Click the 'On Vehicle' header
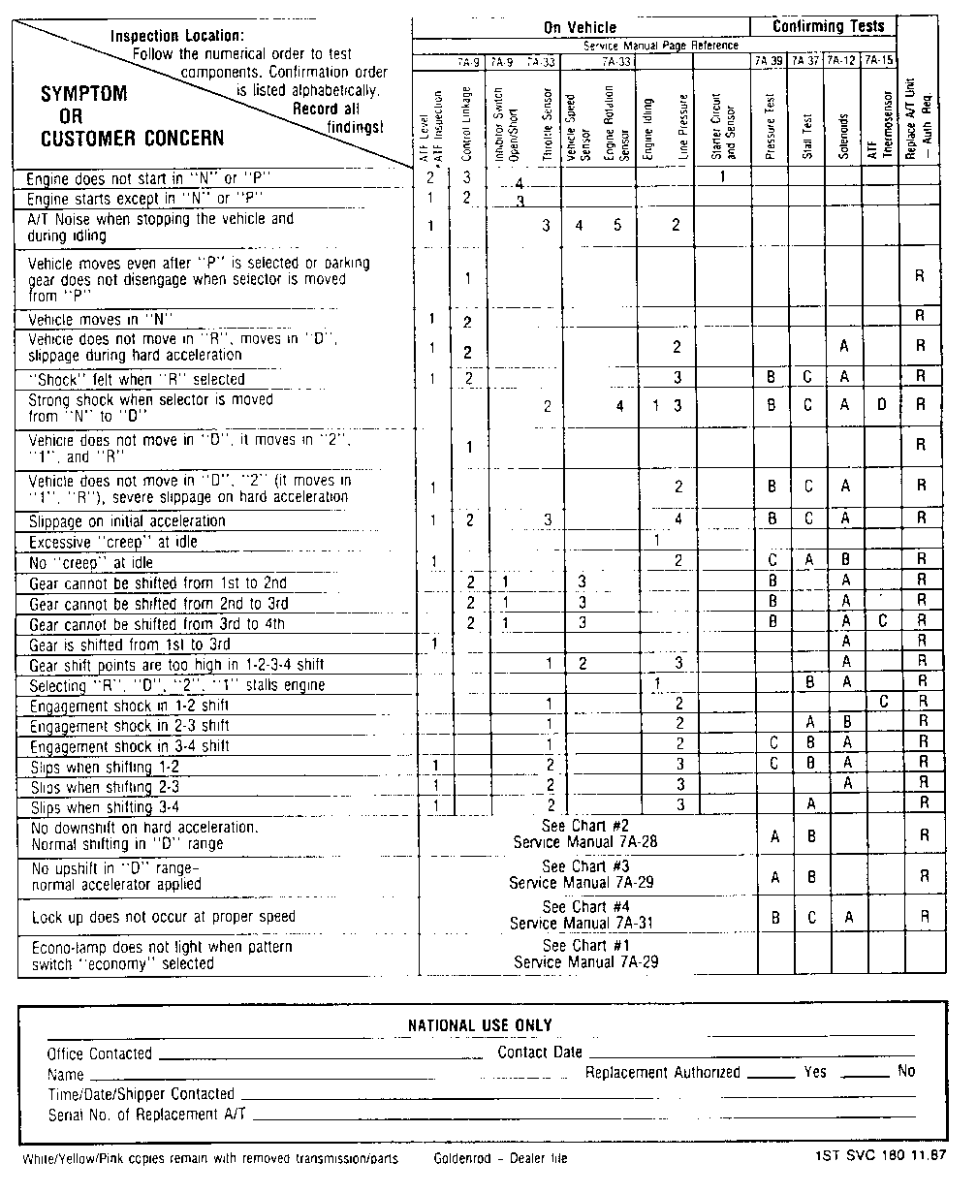click(579, 28)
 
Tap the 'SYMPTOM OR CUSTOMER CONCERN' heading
click(132, 115)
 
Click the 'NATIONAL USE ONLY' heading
click(480, 1025)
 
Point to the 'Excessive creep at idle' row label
click(113, 543)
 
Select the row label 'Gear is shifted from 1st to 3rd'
click(129, 644)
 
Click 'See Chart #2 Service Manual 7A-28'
click(586, 834)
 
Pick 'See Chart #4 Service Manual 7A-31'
click(582, 916)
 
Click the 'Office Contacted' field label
click(100, 1053)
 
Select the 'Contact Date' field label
click(540, 1053)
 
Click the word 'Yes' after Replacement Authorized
click(815, 1072)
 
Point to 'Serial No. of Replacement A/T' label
click(146, 1115)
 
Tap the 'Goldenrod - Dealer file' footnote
click(500, 1159)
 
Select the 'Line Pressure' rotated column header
click(683, 126)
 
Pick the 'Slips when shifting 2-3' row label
click(105, 787)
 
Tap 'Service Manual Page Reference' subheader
click(660, 46)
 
